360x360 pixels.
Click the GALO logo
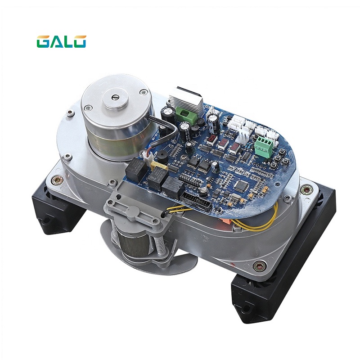61,41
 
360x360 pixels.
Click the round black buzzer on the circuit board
160,155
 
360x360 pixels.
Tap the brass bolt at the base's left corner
57,180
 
